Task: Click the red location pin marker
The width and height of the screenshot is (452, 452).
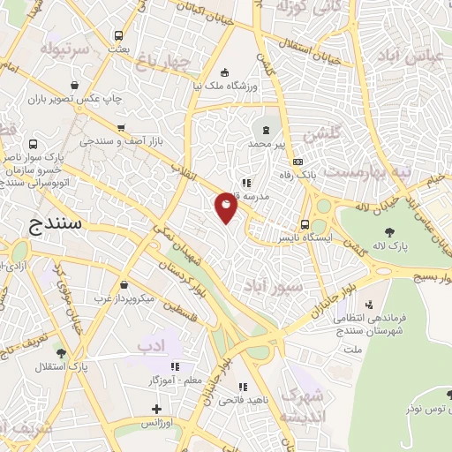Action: [227, 207]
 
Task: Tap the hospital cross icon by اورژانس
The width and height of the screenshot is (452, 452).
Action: [156, 410]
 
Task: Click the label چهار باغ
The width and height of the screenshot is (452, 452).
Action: [163, 59]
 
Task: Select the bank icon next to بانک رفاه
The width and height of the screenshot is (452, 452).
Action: [298, 162]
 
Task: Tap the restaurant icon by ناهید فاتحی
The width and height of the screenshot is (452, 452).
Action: [243, 387]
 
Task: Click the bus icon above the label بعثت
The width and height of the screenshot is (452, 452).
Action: [118, 36]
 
